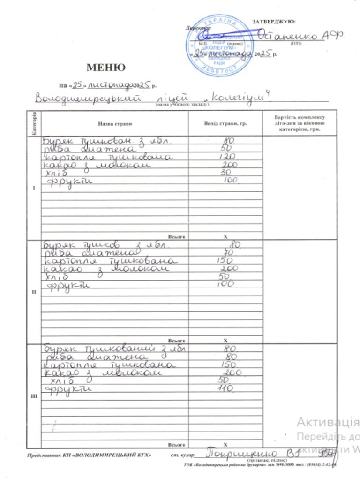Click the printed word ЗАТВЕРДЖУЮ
[x=274, y=22]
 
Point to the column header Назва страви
[x=115, y=124]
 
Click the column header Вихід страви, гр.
[x=225, y=124]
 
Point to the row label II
[x=33, y=292]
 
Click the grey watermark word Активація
[x=328, y=422]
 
